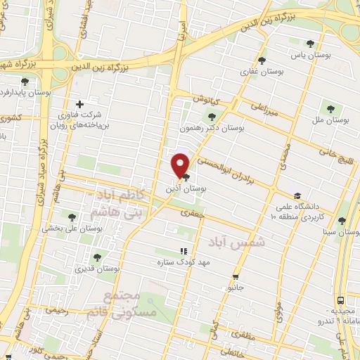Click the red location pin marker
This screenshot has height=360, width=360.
pos(181,166)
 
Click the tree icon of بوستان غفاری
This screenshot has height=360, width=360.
pos(262,60)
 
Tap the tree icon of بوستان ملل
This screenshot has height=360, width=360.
pos(330,109)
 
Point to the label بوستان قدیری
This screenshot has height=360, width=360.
pos(98,269)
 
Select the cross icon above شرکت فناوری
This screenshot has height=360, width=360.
pos(79,104)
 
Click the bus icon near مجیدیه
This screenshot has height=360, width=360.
pos(340,300)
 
